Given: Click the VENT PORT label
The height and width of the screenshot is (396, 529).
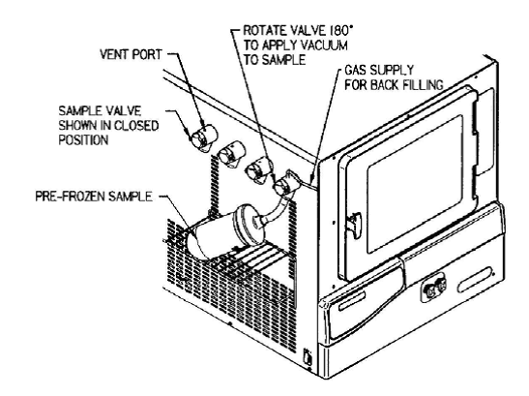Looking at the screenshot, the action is pos(131,54).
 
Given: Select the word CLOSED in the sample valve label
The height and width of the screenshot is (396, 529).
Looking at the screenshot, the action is pos(136,125).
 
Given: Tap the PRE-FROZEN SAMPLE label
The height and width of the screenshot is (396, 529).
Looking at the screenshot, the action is pos(94,197).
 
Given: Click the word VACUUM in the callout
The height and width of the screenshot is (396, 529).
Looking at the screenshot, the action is pos(324,45).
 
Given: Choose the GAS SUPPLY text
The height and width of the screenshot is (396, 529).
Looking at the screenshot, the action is pos(378,70).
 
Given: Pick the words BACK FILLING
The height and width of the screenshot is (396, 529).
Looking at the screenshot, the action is pos(407,84).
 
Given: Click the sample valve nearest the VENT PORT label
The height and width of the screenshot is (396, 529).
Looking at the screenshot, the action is pos(204,137).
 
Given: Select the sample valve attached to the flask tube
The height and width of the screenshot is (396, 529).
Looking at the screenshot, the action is pos(285,184).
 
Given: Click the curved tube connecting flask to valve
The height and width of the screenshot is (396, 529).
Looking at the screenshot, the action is pos(274,209).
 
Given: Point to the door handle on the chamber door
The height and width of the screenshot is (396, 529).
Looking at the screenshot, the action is pos(354,223).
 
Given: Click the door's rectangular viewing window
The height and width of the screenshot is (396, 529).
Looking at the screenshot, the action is pos(415,184).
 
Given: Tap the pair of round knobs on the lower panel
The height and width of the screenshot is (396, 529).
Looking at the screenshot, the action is pos(435,288).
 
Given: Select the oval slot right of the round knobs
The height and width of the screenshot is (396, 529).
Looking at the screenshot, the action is pos(475,279).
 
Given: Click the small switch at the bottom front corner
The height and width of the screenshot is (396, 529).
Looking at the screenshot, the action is pos(308,356).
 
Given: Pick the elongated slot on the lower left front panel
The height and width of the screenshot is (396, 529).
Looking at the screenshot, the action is pos(352,300).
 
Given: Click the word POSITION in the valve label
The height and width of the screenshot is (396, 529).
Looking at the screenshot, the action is pos(83,139).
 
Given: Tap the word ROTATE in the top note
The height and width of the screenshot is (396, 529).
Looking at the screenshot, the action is pos(261,30).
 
